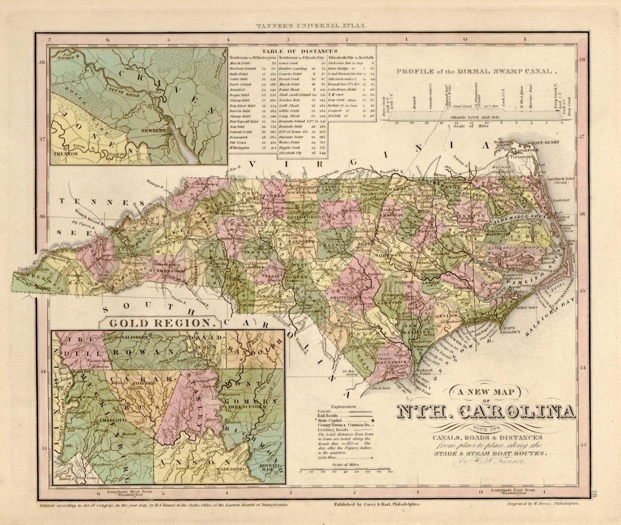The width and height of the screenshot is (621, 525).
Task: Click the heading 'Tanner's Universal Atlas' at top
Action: [312, 25]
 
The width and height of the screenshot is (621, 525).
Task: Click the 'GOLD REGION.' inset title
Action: [163, 323]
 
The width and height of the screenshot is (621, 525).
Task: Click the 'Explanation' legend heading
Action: [343, 406]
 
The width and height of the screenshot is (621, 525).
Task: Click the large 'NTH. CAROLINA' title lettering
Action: [486, 412]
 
